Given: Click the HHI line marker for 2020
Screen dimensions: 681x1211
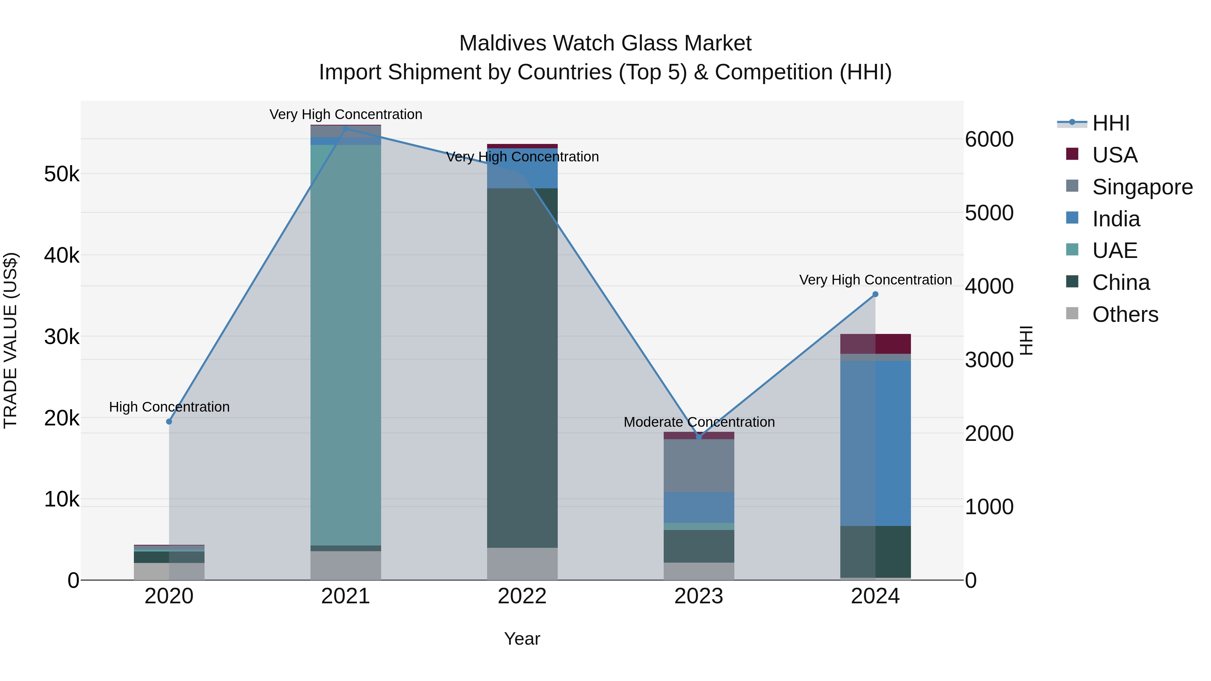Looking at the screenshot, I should (x=169, y=422).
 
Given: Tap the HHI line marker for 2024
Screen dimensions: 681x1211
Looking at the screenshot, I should (x=875, y=294).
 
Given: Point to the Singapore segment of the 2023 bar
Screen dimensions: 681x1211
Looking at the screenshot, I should (x=699, y=465).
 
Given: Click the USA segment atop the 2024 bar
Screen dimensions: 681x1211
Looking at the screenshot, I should (x=875, y=344).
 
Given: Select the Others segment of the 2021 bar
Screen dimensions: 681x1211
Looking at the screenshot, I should (x=345, y=565).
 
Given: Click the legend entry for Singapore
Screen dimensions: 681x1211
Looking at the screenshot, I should (x=1142, y=187).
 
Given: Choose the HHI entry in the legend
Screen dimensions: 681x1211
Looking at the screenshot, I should (x=1110, y=123).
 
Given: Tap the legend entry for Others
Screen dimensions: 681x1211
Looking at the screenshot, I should (x=1125, y=314).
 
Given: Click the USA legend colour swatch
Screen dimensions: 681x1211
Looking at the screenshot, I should (x=1072, y=154).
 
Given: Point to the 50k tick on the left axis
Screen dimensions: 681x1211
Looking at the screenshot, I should (x=62, y=174).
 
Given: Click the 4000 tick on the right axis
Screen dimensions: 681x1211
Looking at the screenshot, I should (x=989, y=286).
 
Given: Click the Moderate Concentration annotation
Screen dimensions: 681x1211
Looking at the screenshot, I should (x=699, y=422).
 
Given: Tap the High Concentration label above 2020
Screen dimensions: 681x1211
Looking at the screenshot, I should (x=169, y=407).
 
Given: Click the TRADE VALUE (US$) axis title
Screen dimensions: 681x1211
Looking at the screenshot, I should (x=10, y=340).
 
